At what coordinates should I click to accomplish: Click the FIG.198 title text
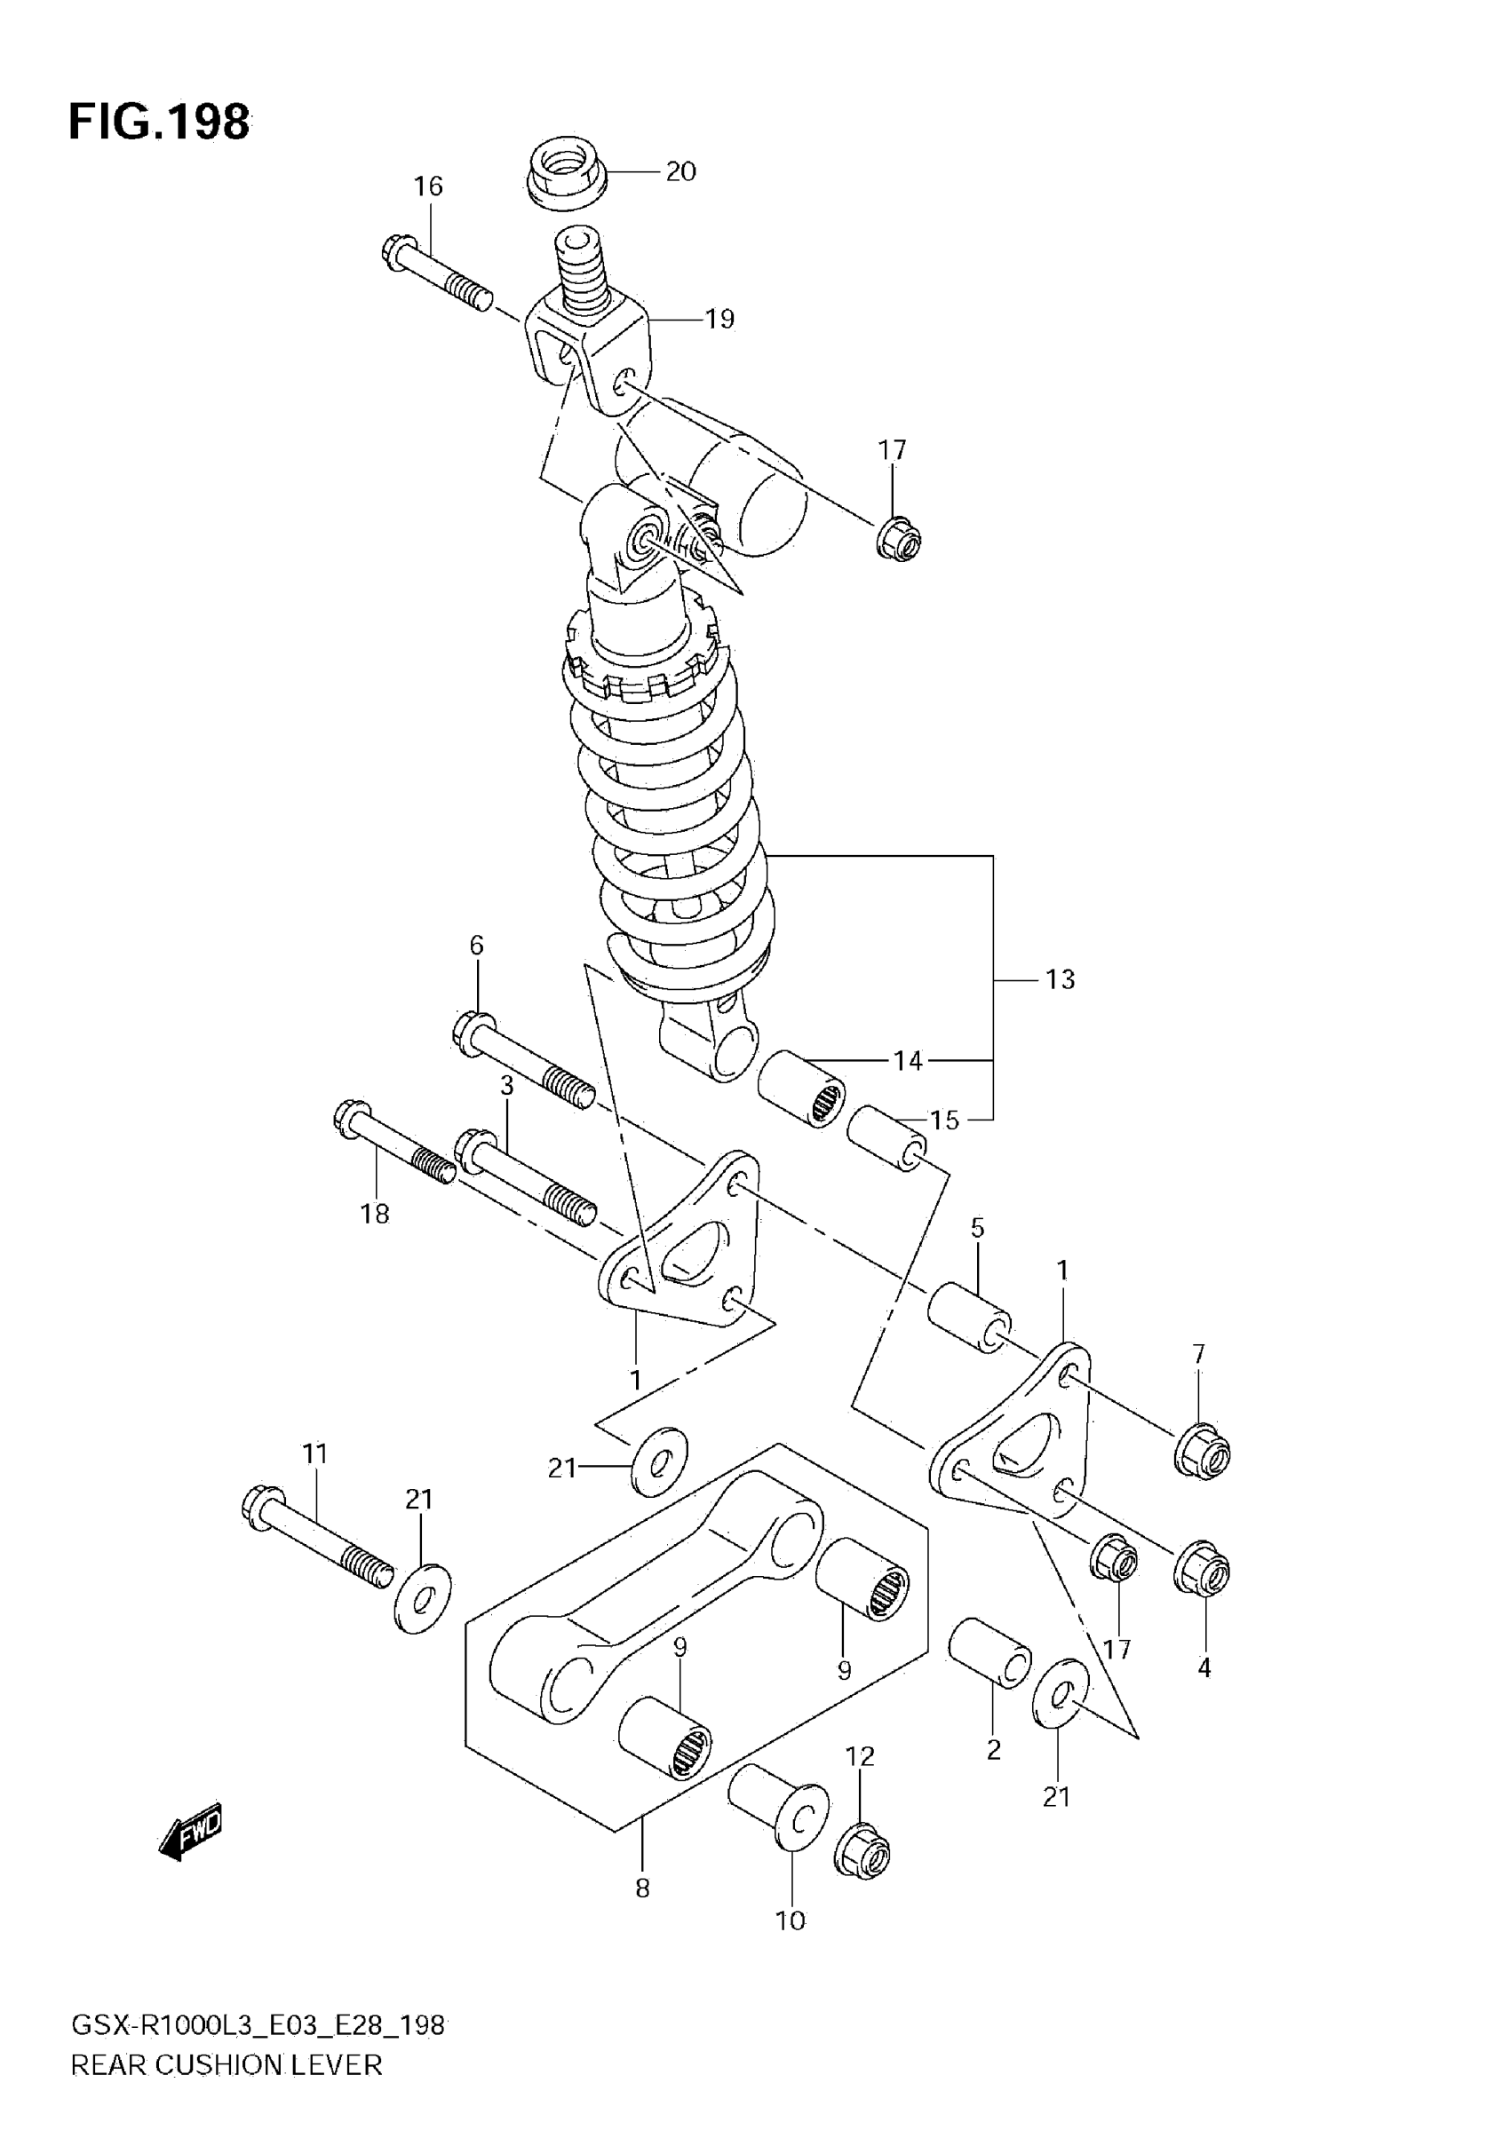[159, 122]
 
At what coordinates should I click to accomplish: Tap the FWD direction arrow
[192, 1833]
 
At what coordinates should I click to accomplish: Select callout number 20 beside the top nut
[681, 172]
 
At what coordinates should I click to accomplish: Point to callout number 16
[428, 186]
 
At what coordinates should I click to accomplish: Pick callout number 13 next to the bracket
[1060, 979]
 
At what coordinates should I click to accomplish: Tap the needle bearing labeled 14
[801, 1089]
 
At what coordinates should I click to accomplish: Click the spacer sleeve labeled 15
[886, 1138]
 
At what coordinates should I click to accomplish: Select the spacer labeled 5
[969, 1317]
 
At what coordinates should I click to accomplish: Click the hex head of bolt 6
[473, 1034]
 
